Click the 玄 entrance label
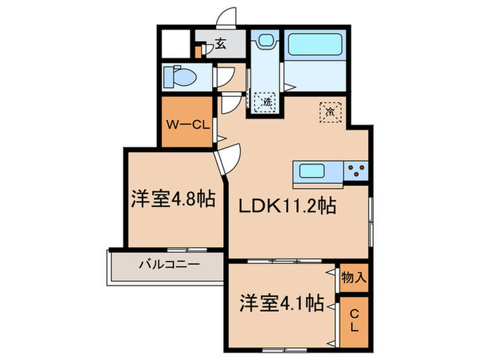(x=220, y=44)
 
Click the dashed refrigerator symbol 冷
(x=329, y=109)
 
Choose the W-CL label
(x=186, y=124)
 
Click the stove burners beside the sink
(x=357, y=171)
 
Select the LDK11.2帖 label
(x=287, y=204)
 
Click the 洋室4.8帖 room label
(x=173, y=200)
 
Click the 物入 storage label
(x=355, y=278)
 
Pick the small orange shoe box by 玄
(x=198, y=51)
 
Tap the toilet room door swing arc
(x=223, y=76)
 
